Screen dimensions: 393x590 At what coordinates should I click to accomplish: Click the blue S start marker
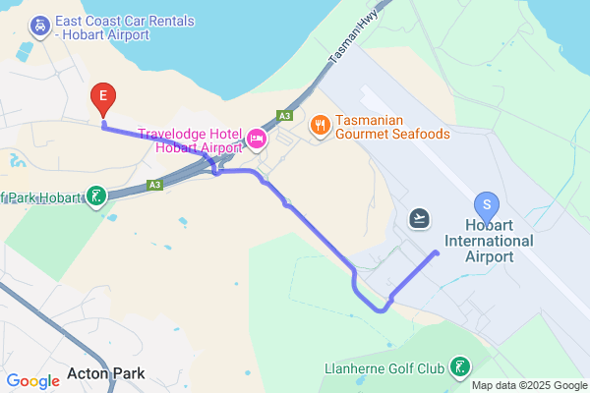click(486, 205)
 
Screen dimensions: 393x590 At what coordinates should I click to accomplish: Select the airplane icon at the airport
click(421, 217)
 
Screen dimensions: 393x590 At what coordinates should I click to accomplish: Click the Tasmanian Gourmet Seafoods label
click(392, 127)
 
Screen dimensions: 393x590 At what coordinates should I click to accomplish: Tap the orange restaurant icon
click(320, 126)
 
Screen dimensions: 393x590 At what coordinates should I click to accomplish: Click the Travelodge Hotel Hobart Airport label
click(190, 140)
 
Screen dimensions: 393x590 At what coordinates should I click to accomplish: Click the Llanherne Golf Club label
click(384, 369)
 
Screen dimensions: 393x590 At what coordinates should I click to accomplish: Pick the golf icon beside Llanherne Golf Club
click(458, 368)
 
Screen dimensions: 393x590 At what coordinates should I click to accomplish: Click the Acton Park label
click(108, 373)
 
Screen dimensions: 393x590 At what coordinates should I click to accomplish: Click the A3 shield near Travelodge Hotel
click(284, 116)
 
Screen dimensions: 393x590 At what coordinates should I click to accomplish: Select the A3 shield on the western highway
click(154, 184)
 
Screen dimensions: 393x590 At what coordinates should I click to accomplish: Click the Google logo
click(32, 381)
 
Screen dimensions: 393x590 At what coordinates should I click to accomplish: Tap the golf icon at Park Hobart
click(95, 196)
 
